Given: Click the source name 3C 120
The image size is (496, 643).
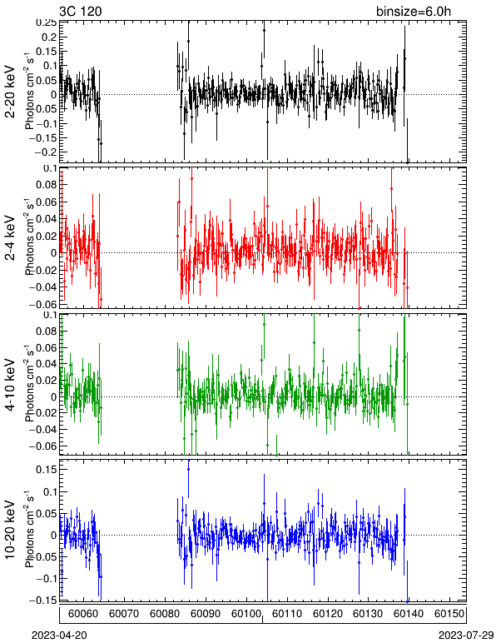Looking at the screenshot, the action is click(x=80, y=11).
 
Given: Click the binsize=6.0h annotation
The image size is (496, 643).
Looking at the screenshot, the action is click(x=414, y=11).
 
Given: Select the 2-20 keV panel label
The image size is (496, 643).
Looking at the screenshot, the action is click(x=10, y=92).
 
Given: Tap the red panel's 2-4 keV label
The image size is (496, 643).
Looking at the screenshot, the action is click(x=10, y=238).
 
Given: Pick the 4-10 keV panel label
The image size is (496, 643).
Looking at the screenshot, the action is click(x=10, y=384).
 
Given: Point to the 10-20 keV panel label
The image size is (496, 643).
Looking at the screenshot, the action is click(x=10, y=530).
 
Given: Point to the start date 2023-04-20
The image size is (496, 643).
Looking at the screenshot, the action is click(x=59, y=636).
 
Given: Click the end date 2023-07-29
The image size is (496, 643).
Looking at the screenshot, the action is click(x=466, y=636).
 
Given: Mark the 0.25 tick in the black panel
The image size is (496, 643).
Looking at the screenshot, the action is click(x=46, y=23).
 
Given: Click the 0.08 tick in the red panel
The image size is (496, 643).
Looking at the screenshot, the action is click(x=47, y=185).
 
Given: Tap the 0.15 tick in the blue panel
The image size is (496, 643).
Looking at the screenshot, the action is click(x=47, y=469).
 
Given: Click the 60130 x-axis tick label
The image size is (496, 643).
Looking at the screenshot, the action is click(x=368, y=614).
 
